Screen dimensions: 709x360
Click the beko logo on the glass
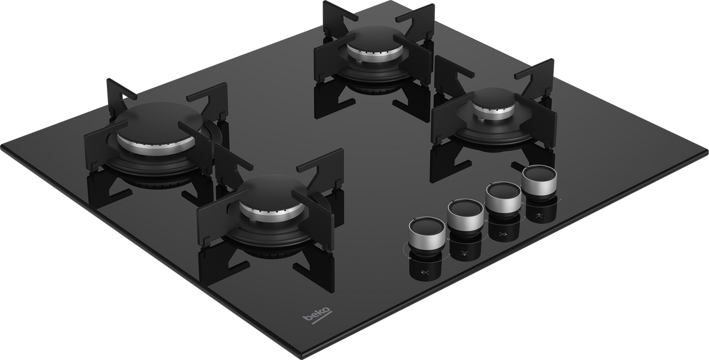click(x=317, y=315)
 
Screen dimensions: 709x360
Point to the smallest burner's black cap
click(x=494, y=98)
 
